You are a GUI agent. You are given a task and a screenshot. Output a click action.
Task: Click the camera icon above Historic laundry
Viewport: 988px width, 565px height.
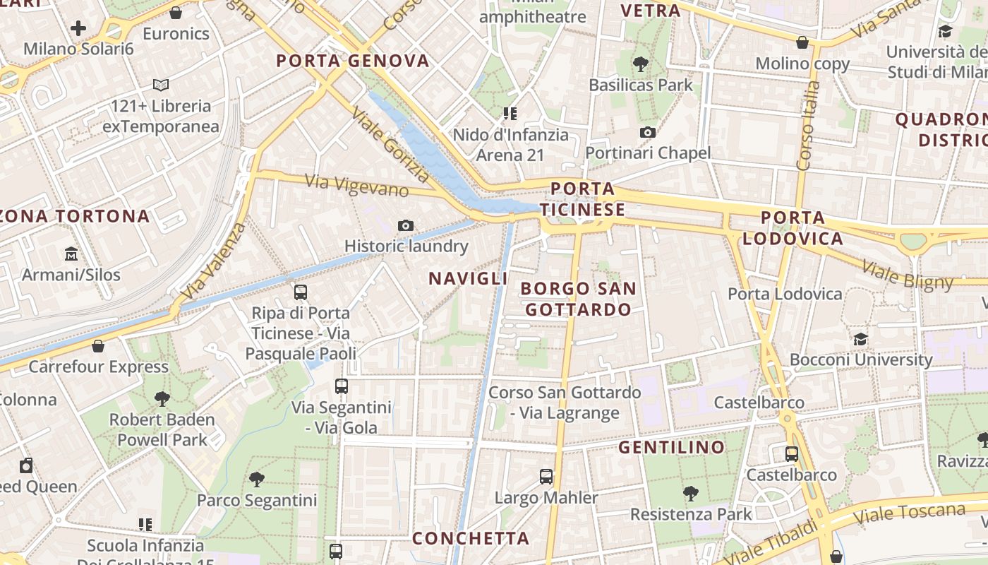[x=406, y=225]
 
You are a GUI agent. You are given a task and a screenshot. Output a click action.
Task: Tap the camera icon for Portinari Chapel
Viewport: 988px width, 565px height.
[x=647, y=132]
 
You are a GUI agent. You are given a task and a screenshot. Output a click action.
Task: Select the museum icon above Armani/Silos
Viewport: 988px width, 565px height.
[x=71, y=254]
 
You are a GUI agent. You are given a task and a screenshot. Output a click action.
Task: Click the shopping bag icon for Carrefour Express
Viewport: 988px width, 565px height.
[x=98, y=346]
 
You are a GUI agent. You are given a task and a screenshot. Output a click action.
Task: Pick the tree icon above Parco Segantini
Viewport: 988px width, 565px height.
[x=257, y=480]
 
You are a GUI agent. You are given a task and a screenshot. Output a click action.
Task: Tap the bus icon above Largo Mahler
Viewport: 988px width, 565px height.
[x=546, y=476]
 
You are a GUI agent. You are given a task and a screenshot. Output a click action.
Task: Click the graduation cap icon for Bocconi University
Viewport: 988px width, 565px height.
[x=860, y=339]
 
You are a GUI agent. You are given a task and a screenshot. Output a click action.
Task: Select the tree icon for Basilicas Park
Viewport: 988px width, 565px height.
[x=641, y=64]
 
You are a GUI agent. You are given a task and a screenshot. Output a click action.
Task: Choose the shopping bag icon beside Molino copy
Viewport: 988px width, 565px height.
[x=802, y=42]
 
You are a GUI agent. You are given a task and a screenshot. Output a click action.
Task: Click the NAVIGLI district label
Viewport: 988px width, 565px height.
[x=469, y=278]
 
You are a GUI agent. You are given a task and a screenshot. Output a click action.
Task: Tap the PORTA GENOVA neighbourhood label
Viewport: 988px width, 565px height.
[x=353, y=61]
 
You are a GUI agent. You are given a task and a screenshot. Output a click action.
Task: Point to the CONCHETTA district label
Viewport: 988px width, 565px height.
[x=471, y=538]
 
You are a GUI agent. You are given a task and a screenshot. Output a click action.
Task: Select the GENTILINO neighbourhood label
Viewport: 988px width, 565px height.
[x=672, y=447]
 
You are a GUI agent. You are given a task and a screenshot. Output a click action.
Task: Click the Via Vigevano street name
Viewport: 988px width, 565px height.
[x=356, y=186]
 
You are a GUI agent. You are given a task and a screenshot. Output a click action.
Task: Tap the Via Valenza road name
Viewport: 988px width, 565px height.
[x=213, y=261]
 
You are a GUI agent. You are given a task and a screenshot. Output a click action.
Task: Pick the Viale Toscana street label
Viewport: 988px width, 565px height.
[x=910, y=513]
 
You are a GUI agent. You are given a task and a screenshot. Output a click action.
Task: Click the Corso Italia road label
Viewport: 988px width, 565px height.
[x=809, y=126]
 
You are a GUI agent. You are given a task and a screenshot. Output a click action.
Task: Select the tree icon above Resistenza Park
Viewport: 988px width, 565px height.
[x=691, y=494]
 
